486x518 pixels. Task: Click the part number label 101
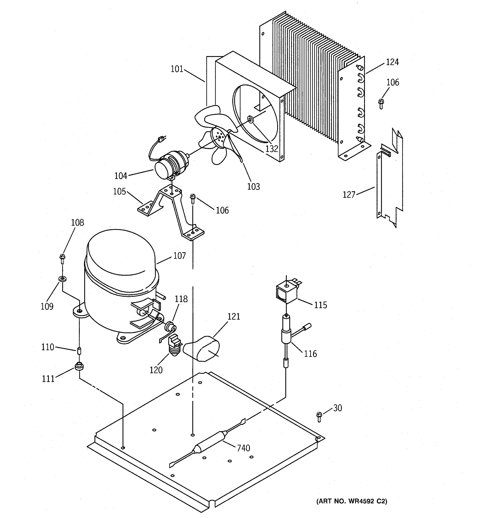click(x=177, y=69)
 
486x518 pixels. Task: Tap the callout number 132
click(x=272, y=149)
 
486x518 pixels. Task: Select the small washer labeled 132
click(x=251, y=120)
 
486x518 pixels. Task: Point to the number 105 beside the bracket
click(x=119, y=191)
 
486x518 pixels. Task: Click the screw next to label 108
click(x=62, y=259)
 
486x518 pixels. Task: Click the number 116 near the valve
click(x=310, y=354)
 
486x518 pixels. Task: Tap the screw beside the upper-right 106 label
click(x=381, y=104)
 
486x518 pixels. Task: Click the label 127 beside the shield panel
click(x=349, y=195)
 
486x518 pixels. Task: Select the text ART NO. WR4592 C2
click(x=351, y=501)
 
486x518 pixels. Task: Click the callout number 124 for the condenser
click(x=392, y=62)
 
